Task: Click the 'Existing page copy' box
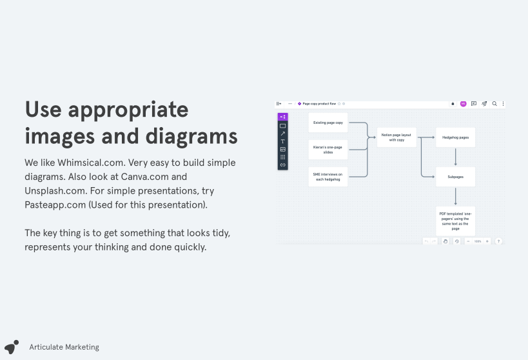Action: [x=328, y=123]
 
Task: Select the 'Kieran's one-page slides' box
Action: [x=328, y=150]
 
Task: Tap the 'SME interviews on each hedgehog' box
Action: [x=328, y=177]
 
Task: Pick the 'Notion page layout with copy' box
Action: [x=396, y=137]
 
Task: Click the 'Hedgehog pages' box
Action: [x=455, y=137]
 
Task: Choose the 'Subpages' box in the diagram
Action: [x=455, y=177]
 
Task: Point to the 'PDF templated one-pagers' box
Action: [x=455, y=221]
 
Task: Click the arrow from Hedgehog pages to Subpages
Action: [x=456, y=157]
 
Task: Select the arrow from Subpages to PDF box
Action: [x=456, y=196]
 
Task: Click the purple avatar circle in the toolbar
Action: [x=463, y=103]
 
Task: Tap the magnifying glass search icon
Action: [x=494, y=103]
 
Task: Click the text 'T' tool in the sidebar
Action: [x=282, y=141]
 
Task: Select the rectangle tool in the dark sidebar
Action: [x=282, y=126]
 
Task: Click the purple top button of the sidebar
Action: [x=282, y=117]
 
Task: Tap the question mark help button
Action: [x=498, y=241]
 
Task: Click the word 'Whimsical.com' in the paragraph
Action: [x=91, y=163]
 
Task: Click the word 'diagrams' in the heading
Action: [x=191, y=136]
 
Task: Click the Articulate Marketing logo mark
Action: [x=12, y=347]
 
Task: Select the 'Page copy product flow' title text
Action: [x=319, y=103]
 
